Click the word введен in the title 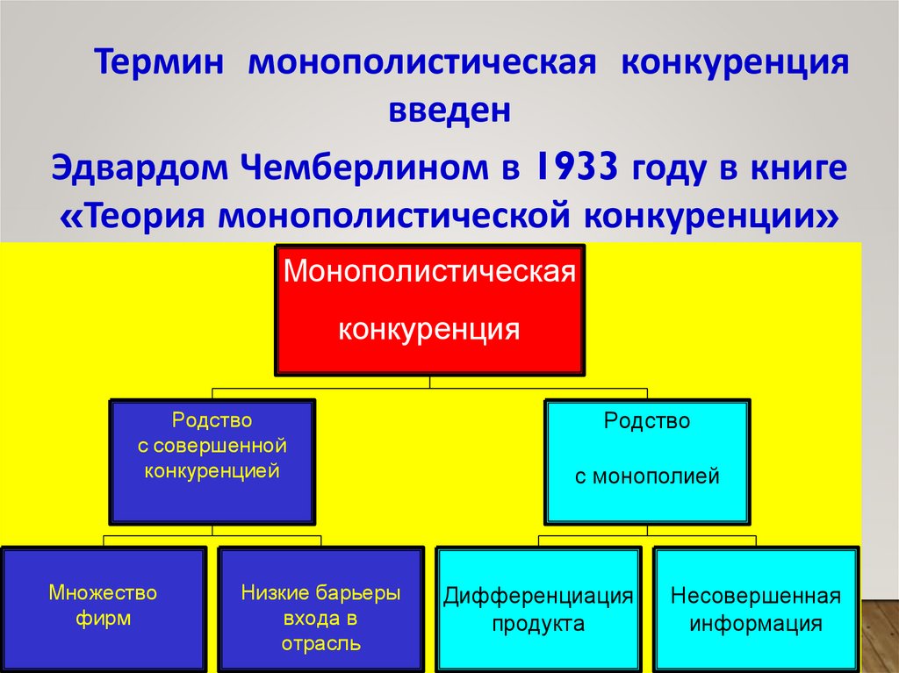(449, 111)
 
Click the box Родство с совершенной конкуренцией (212, 462)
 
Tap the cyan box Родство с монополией (647, 462)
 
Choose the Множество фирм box (103, 607)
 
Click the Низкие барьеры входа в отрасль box (320, 607)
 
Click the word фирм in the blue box (103, 619)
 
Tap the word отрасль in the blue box (320, 644)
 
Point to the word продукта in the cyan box (538, 624)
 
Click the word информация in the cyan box (756, 624)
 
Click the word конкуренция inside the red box (429, 330)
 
